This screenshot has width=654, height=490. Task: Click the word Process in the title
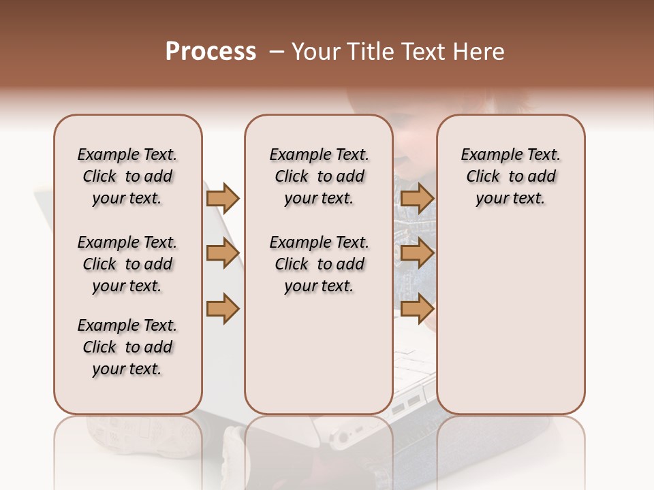[211, 52]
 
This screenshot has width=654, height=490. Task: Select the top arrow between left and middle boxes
[223, 198]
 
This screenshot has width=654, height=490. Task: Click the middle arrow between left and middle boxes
[223, 253]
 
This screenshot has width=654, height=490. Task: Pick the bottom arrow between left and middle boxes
[223, 308]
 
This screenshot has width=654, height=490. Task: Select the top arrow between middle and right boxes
[417, 198]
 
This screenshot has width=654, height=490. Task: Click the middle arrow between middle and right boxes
[417, 253]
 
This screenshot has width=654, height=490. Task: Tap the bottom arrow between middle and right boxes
[417, 308]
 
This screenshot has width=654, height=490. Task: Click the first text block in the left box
[127, 176]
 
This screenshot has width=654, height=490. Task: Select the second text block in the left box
[127, 264]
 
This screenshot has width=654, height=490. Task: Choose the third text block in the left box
[127, 347]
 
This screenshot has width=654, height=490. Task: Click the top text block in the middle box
[319, 176]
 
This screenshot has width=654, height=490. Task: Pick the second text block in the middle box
[319, 264]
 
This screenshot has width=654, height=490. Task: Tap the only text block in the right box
[510, 176]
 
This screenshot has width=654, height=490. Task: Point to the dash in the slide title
[277, 52]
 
